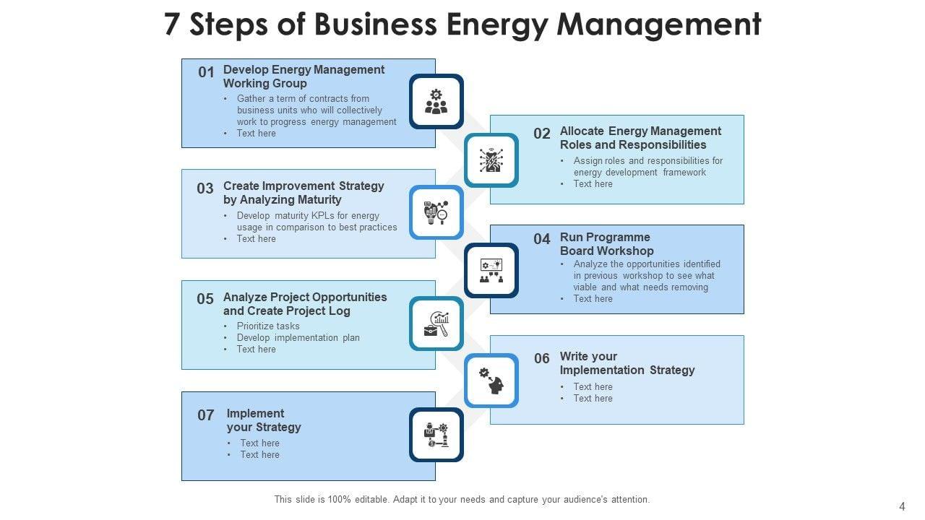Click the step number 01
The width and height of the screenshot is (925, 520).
click(207, 72)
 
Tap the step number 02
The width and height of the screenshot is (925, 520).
click(542, 134)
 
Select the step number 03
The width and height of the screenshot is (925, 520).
click(205, 188)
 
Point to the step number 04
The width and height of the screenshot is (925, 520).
click(542, 239)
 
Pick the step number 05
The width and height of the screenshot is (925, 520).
click(205, 299)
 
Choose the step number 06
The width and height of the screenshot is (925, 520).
click(542, 358)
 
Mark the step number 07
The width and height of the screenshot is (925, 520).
click(206, 415)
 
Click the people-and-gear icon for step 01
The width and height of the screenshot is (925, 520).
click(436, 102)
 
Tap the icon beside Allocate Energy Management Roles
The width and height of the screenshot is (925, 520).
click(491, 160)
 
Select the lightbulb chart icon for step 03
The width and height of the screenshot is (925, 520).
click(436, 212)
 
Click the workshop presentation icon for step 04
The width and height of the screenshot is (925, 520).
click(491, 271)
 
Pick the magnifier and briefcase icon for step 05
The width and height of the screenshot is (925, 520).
click(436, 324)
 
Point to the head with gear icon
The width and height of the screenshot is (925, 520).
click(491, 381)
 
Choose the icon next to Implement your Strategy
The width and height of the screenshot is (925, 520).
click(436, 435)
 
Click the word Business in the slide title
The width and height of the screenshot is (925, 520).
click(377, 24)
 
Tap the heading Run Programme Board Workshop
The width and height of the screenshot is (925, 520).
click(606, 244)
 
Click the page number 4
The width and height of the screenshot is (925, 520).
click(901, 506)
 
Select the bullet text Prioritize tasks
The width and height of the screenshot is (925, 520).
click(268, 326)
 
